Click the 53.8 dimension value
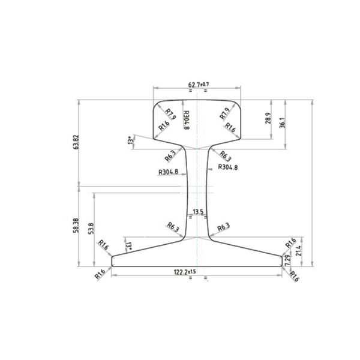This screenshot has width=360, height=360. pos(90,229)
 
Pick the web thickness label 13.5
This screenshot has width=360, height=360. pos(197,212)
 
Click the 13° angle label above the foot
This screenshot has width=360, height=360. pos(128,245)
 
